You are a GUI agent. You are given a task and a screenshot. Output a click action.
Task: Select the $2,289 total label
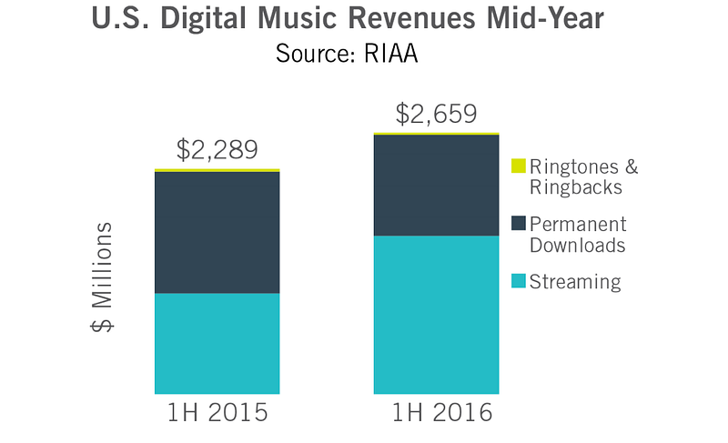click(x=217, y=150)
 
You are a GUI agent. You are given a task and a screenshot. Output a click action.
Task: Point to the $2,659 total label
click(x=436, y=115)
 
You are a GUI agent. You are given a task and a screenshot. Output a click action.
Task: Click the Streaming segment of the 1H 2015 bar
click(x=217, y=343)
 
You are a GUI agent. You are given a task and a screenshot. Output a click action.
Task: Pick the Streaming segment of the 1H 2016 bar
click(x=436, y=314)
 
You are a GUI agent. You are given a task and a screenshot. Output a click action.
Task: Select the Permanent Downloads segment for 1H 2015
click(x=217, y=232)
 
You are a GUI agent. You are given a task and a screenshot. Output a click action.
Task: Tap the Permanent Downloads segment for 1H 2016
click(x=436, y=185)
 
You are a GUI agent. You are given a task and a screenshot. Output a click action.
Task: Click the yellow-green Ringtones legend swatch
click(x=518, y=166)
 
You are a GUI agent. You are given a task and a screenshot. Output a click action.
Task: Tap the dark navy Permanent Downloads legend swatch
click(x=518, y=223)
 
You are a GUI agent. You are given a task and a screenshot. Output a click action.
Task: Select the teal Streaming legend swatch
click(x=518, y=280)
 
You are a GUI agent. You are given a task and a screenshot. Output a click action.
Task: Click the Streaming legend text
click(x=575, y=281)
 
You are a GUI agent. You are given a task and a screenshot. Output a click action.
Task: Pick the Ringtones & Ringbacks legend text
click(x=583, y=176)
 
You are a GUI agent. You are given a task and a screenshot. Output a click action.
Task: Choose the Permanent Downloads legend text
click(x=578, y=234)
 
